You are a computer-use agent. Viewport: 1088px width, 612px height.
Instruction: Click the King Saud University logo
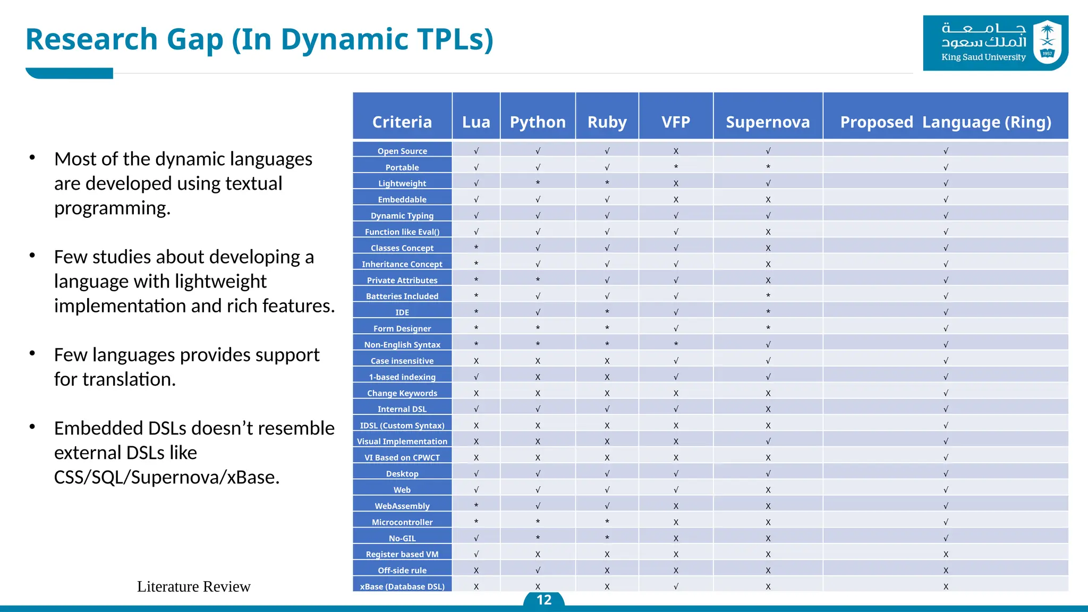[x=995, y=42]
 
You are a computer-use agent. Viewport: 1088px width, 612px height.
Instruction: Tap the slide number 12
[x=543, y=600]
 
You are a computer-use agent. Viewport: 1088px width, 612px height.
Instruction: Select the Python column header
[x=538, y=122]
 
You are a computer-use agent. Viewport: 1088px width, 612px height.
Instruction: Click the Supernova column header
[x=768, y=122]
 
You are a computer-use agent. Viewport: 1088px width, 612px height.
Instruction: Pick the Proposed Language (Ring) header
[x=945, y=122]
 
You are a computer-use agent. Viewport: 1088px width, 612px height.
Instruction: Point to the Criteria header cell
[x=402, y=122]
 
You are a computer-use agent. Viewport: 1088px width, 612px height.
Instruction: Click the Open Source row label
[x=402, y=151]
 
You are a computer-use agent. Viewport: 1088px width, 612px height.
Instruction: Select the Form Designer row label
[x=402, y=328]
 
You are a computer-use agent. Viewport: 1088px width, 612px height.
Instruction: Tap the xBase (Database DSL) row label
[x=402, y=586]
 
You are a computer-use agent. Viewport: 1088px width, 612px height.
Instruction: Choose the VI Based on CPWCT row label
[x=402, y=457]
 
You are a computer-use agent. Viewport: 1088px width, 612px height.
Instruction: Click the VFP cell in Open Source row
[x=676, y=151]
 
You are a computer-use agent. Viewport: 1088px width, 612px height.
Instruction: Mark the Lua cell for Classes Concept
[x=476, y=248]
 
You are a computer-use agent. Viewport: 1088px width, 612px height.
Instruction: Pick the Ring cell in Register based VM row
[x=946, y=554]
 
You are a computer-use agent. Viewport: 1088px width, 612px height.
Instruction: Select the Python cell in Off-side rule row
[x=538, y=570]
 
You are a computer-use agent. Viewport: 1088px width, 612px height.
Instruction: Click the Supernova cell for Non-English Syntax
[x=768, y=344]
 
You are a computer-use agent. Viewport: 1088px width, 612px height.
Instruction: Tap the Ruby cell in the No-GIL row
[x=607, y=538]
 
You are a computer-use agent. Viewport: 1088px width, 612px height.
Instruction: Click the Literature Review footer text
[x=193, y=586]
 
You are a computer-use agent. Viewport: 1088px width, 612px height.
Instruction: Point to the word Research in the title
[x=91, y=40]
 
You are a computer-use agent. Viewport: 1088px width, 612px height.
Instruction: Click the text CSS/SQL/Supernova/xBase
[x=166, y=477]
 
